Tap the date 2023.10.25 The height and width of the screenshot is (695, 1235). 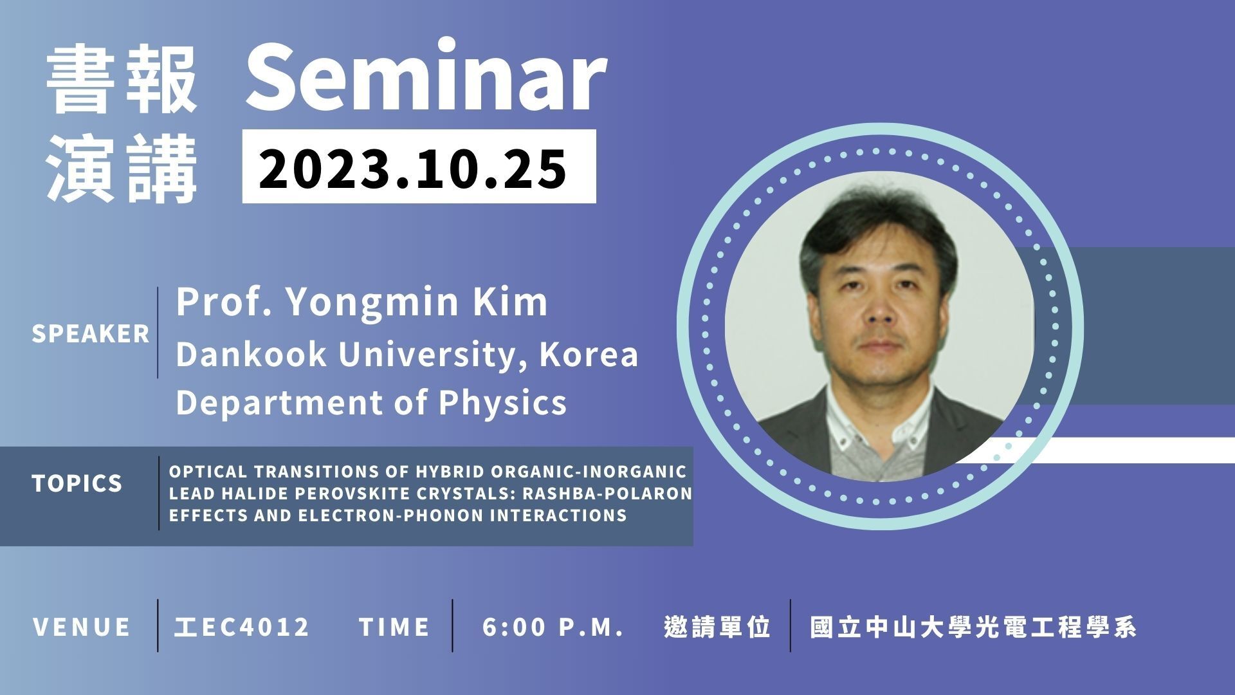tap(413, 167)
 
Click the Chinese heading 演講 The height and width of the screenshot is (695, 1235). tap(122, 169)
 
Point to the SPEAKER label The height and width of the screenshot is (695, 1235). tap(91, 334)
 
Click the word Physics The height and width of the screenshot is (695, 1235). tap(502, 402)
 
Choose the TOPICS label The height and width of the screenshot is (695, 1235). tap(77, 483)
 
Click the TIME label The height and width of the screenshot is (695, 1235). tap(394, 627)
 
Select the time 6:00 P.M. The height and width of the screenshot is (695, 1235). tap(553, 627)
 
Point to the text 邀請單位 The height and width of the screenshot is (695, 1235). tap(717, 627)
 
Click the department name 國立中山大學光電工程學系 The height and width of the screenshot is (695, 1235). tap(973, 627)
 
